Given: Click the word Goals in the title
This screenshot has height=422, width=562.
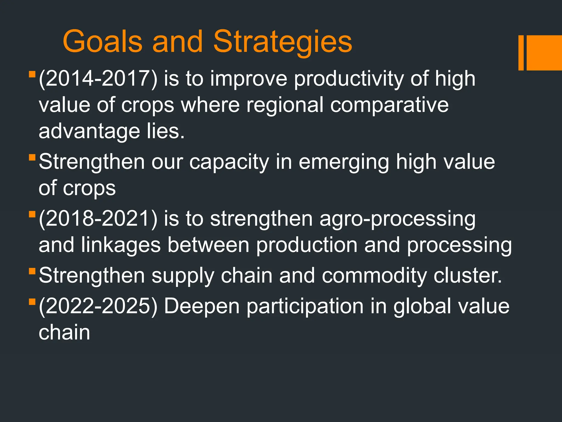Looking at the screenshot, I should [102, 42].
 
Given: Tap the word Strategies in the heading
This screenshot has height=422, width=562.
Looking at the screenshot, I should [283, 42].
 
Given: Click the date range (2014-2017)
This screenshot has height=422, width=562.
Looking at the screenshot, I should [98, 79].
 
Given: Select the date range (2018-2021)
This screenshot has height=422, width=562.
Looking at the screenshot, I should [98, 219].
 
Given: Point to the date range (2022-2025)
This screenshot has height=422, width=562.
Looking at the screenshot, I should [98, 306].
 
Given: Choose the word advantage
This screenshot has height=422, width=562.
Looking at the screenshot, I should [89, 132].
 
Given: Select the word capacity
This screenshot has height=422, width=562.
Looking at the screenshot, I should [229, 162].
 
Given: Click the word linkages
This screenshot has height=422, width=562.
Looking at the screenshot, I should [121, 245].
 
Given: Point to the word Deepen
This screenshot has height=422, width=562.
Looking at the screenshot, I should [202, 306].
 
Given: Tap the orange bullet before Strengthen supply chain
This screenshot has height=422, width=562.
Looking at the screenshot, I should [32, 271].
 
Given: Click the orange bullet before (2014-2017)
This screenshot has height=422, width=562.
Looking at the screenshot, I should [32, 74].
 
